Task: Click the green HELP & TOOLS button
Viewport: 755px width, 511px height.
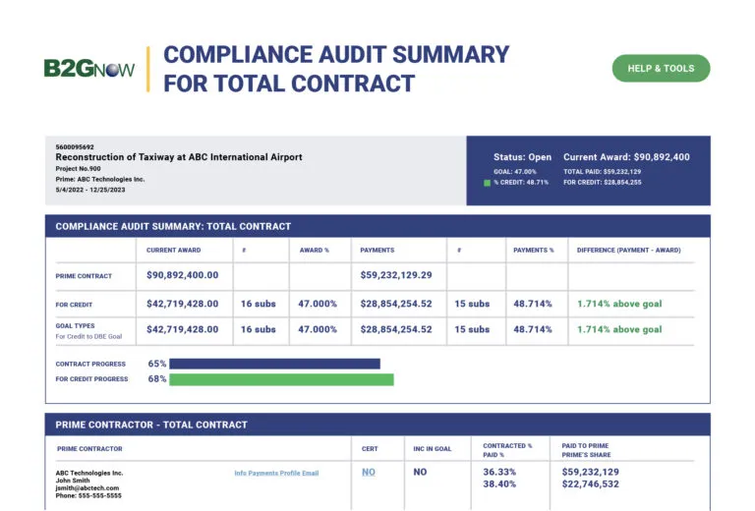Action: coord(661,69)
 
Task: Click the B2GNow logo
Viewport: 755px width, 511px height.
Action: coord(88,69)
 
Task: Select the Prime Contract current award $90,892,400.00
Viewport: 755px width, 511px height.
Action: coord(183,276)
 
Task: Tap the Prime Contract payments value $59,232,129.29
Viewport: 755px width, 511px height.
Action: coord(396,276)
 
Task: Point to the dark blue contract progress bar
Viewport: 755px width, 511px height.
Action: coord(274,364)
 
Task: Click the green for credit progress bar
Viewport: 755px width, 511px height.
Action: coord(281,379)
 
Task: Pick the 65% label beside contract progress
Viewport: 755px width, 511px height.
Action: coord(157,364)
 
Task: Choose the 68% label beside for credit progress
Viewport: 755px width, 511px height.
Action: coord(157,379)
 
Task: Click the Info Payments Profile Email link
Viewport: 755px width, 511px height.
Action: coord(276,474)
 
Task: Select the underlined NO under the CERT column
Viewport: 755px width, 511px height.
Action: coord(369,473)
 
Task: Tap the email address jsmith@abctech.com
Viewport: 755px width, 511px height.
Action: coord(87,488)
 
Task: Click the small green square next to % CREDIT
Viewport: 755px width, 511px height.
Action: coord(487,183)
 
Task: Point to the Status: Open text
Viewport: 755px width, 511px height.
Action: coord(522,157)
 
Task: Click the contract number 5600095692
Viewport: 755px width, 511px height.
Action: coord(75,147)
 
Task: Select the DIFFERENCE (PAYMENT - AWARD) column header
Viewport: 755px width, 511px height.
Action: coord(628,250)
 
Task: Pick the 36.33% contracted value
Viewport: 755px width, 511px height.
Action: coord(501,472)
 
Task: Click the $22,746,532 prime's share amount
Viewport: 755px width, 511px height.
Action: coord(591,484)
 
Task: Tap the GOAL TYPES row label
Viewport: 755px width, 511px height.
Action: coord(76,325)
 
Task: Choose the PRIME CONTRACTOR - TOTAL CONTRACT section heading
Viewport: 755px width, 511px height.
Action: coord(151,425)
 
